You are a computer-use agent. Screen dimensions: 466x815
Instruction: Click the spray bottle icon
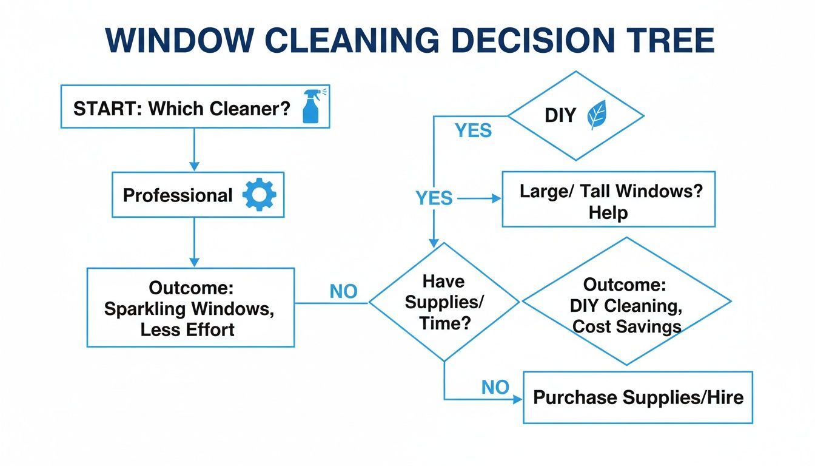click(x=310, y=107)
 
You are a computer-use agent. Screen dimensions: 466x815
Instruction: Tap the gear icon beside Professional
click(x=259, y=195)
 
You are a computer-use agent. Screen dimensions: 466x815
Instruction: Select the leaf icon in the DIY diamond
click(x=597, y=115)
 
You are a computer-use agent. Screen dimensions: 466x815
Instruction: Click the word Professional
click(x=177, y=195)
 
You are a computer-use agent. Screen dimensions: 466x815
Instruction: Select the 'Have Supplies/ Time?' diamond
click(x=444, y=301)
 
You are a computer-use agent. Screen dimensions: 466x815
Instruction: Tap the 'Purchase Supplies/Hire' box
click(x=637, y=397)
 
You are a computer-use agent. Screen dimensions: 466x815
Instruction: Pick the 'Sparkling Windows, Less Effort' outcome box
click(x=190, y=308)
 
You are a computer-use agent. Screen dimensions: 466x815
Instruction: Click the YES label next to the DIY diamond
click(x=473, y=130)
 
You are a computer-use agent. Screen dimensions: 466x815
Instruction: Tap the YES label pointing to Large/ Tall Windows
click(x=434, y=198)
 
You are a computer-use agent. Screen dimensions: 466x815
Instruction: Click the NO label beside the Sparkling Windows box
click(x=343, y=292)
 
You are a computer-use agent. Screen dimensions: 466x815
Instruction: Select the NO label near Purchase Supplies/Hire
click(x=495, y=387)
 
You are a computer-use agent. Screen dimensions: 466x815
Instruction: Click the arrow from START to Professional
click(x=194, y=149)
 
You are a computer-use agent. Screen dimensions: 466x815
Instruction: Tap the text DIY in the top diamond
click(x=560, y=115)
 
